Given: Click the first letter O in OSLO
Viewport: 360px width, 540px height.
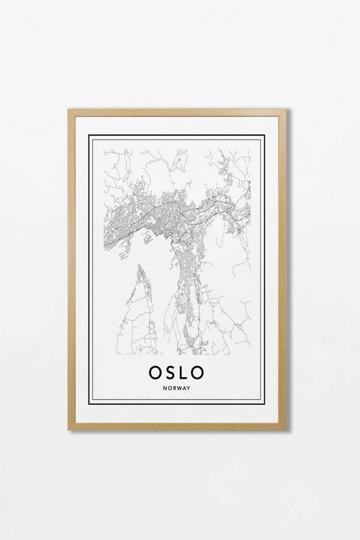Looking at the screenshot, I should [x=155, y=372].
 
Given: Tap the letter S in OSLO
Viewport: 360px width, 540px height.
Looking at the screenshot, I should [x=171, y=372].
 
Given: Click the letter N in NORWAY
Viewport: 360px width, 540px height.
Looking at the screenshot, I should [x=165, y=388].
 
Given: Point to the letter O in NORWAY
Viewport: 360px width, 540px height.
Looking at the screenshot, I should [x=170, y=388].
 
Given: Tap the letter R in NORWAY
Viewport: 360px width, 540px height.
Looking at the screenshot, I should [x=174, y=388].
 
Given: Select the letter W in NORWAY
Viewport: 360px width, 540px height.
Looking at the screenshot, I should [x=180, y=388].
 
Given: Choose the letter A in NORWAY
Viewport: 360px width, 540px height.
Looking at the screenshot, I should [x=185, y=388].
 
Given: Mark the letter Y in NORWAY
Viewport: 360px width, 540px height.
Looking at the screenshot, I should [x=189, y=388].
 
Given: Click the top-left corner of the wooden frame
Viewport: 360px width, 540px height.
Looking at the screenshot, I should [x=68, y=109].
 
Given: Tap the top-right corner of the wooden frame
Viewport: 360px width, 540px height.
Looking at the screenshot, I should [x=286, y=109].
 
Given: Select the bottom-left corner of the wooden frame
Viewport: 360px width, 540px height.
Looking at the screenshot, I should [x=68, y=429].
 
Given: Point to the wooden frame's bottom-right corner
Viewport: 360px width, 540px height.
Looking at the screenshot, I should [x=286, y=429].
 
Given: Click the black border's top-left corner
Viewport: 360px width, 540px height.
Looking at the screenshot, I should [x=89, y=136].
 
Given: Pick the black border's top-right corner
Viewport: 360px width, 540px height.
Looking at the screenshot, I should [x=264, y=136].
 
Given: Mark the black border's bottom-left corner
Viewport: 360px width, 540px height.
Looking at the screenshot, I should [x=89, y=403].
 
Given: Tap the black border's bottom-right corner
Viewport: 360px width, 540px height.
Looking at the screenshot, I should [x=264, y=403].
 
